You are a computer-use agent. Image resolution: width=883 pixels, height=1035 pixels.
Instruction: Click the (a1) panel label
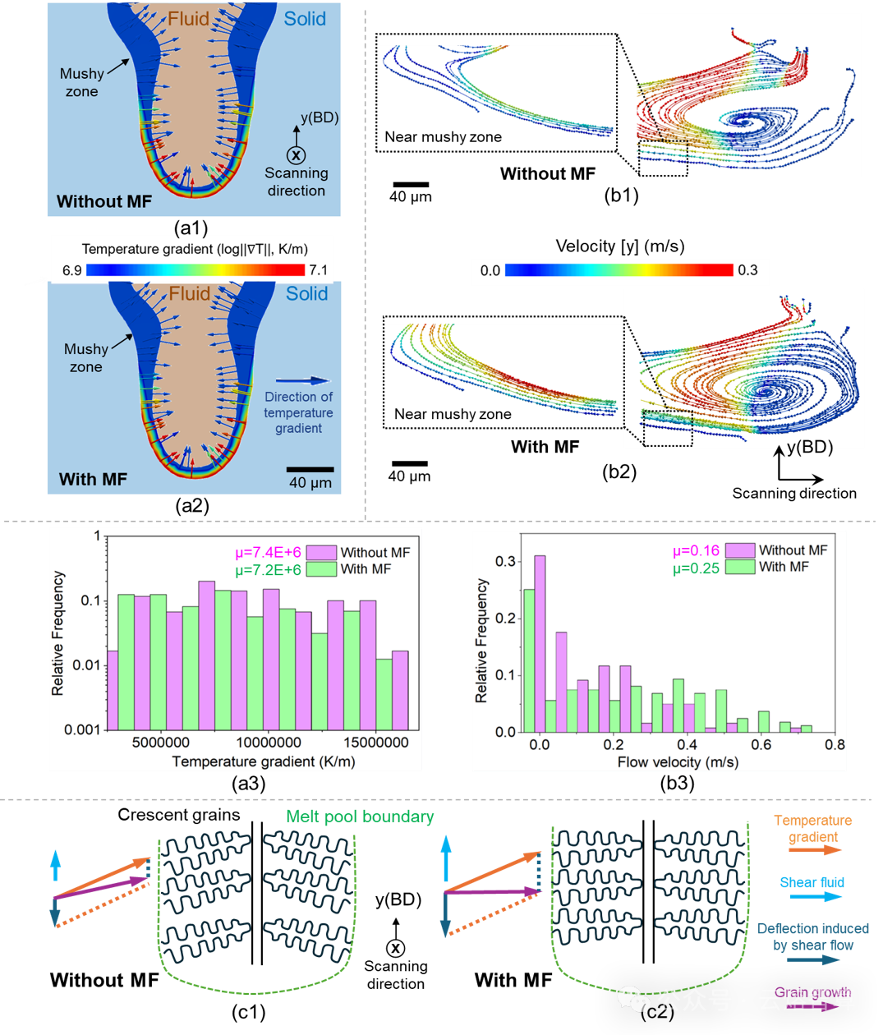click(191, 228)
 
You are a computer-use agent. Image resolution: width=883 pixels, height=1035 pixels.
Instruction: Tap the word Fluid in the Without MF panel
click(188, 19)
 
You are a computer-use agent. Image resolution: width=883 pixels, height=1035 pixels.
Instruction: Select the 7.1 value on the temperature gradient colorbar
click(319, 270)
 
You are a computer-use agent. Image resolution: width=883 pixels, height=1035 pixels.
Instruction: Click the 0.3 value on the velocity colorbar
click(747, 270)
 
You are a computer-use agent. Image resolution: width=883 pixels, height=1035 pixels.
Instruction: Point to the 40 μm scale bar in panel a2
click(310, 470)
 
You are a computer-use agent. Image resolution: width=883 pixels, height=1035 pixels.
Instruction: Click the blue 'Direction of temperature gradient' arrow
click(302, 381)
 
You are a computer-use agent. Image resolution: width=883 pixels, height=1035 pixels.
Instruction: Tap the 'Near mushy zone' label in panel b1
click(444, 136)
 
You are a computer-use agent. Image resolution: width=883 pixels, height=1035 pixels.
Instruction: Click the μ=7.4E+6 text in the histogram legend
click(269, 552)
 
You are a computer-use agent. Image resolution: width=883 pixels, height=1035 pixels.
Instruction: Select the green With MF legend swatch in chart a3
click(321, 569)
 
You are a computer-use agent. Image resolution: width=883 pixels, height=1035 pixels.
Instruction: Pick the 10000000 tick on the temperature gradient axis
click(269, 743)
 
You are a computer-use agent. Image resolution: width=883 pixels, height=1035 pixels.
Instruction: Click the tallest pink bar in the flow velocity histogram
click(540, 643)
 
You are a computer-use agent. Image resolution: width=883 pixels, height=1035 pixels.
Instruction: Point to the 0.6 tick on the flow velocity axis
click(761, 745)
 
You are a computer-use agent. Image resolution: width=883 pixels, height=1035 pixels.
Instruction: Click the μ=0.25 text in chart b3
click(697, 568)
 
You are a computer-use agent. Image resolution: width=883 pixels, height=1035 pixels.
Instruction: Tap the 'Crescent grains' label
click(179, 815)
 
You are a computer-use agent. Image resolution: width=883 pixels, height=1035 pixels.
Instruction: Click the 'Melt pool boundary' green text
click(360, 816)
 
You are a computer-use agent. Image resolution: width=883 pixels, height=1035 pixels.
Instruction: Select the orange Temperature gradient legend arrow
click(815, 849)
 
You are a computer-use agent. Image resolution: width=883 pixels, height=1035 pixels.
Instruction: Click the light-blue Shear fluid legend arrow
click(816, 896)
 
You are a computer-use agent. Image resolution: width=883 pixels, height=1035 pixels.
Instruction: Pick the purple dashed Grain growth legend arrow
click(813, 1006)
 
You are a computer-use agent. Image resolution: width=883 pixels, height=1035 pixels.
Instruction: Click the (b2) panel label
click(619, 471)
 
